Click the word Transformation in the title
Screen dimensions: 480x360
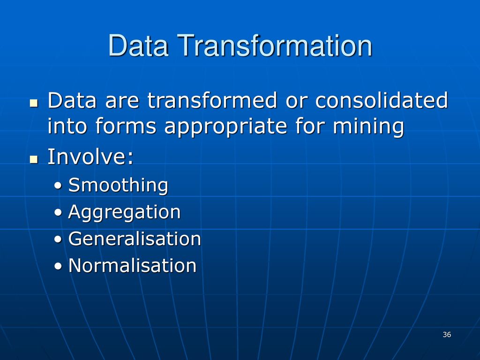click(x=275, y=45)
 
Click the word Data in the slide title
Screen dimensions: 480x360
click(x=138, y=45)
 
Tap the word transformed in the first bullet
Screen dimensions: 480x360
click(x=212, y=100)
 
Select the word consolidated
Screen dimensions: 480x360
click(x=382, y=100)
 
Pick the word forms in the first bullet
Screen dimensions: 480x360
click(x=126, y=126)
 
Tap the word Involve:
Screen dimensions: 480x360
click(x=90, y=157)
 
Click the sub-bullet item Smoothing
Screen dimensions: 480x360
click(x=118, y=186)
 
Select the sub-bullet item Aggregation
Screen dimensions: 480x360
click(x=124, y=212)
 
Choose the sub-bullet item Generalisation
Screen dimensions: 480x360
click(x=135, y=239)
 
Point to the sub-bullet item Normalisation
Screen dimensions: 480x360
click(x=132, y=265)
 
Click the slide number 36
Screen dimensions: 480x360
click(x=447, y=335)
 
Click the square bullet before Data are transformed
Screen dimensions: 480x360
click(x=34, y=103)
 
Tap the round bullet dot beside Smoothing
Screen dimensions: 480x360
click(x=58, y=186)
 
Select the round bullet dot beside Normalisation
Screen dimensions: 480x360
click(x=58, y=266)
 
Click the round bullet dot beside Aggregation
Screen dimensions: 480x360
click(x=58, y=212)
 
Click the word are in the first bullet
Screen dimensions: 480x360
click(x=122, y=102)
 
